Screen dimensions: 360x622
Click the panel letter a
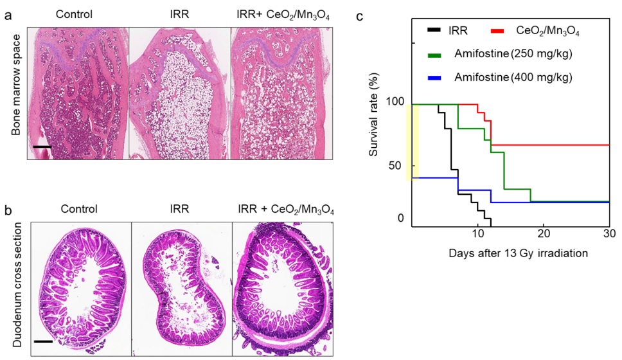tap(8, 14)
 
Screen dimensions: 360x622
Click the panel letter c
tap(360, 14)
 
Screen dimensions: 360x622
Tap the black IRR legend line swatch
tap(434, 30)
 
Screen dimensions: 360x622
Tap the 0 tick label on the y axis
tap(400, 219)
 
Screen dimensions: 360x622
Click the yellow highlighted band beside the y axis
tap(413, 142)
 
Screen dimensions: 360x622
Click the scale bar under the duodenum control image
tap(42, 341)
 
